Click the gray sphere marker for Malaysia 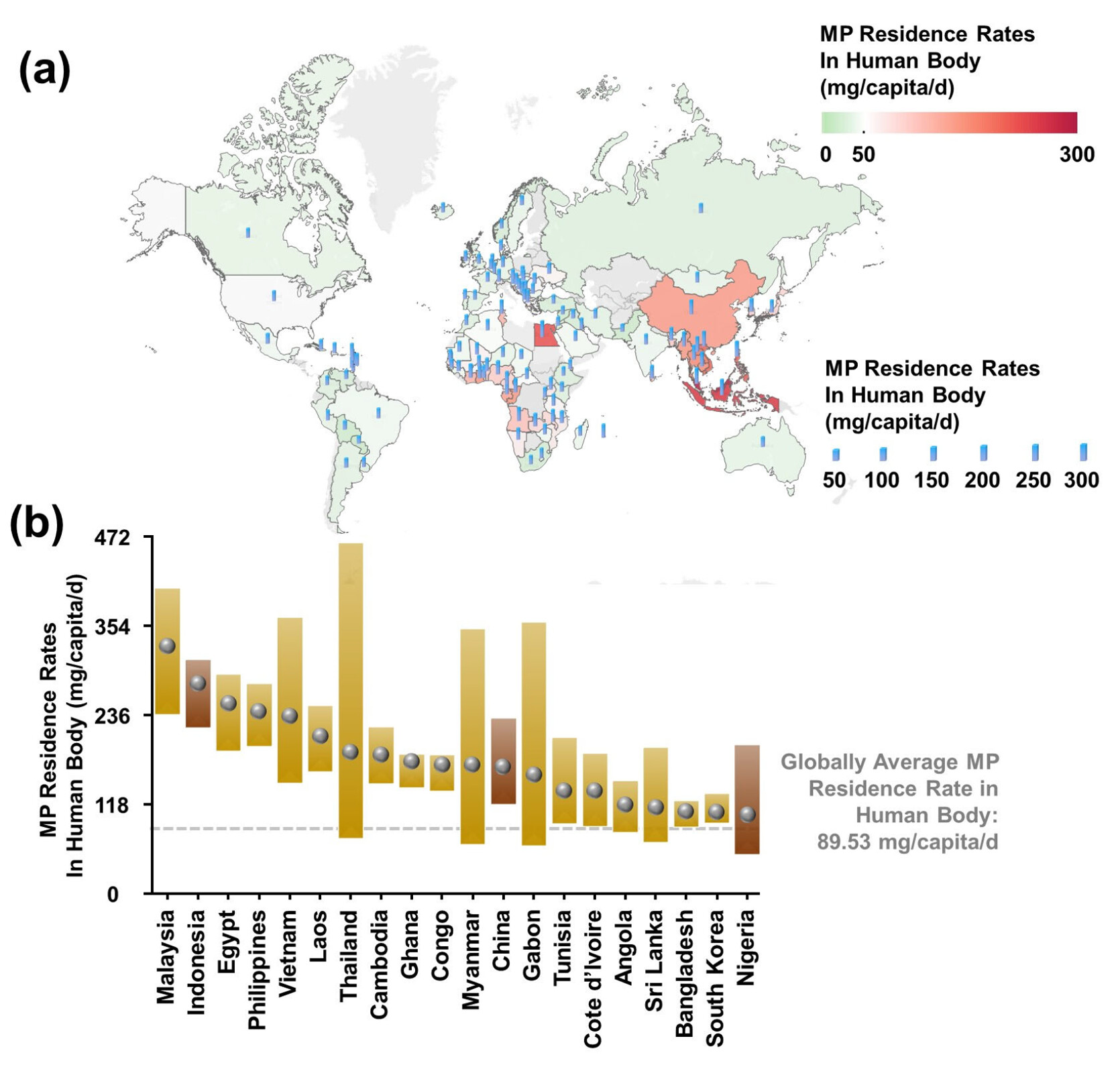coord(167,645)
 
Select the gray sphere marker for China coord(503,767)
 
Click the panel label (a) coord(44,70)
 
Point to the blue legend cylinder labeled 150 coord(933,453)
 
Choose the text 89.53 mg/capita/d coord(907,842)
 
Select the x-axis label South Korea coord(716,976)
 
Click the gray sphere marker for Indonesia coord(198,683)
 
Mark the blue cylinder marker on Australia coord(763,441)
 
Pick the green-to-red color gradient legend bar coord(948,123)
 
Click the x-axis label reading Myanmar coord(471,958)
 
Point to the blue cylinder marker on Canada coord(248,232)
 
